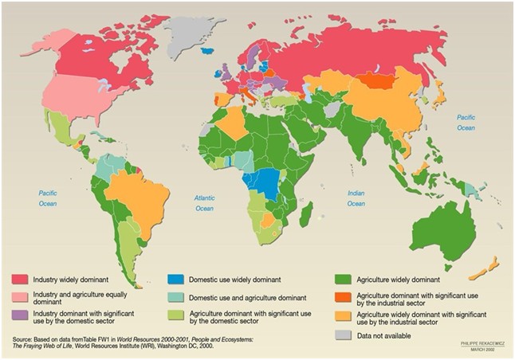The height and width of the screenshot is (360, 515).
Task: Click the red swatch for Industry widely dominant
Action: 20,280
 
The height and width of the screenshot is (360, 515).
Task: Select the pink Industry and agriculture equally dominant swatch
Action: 20,297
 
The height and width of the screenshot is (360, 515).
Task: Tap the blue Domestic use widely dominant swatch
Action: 176,280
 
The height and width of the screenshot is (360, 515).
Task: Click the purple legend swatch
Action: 20,315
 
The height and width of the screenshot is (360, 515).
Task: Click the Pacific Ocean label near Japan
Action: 466,123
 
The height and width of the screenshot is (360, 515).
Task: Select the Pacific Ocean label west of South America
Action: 49,198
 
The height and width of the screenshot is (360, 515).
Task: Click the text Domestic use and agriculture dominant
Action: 238,297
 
